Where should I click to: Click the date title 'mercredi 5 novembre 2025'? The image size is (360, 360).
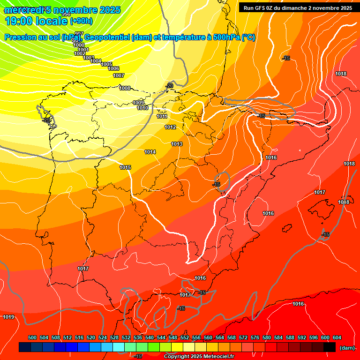pyautogui.click(x=62, y=10)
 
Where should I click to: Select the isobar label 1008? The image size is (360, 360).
pyautogui.click(x=125, y=88)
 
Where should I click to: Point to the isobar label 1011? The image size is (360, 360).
pyautogui.click(x=162, y=116)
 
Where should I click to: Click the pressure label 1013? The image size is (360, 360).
pyautogui.click(x=177, y=144)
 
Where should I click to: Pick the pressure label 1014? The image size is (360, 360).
pyautogui.click(x=150, y=152)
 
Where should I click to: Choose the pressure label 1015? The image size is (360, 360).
pyautogui.click(x=125, y=167)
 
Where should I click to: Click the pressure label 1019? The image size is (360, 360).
pyautogui.click(x=8, y=317)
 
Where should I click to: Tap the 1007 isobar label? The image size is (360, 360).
pyautogui.click(x=119, y=75)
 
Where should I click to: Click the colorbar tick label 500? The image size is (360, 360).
pyautogui.click(x=32, y=337)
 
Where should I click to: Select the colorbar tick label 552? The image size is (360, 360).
pyautogui.click(x=185, y=337)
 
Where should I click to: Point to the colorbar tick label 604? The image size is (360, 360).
pyautogui.click(x=337, y=337)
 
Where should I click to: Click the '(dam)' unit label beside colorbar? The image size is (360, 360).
pyautogui.click(x=347, y=347)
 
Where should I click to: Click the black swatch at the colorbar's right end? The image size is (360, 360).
pyautogui.click(x=330, y=347)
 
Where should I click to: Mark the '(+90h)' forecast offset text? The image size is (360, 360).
pyautogui.click(x=81, y=21)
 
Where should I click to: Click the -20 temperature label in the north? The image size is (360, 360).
pyautogui.click(x=169, y=85)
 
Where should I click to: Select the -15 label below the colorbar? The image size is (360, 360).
pyautogui.click(x=138, y=357)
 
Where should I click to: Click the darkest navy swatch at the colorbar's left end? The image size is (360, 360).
pyautogui.click(x=25, y=347)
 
